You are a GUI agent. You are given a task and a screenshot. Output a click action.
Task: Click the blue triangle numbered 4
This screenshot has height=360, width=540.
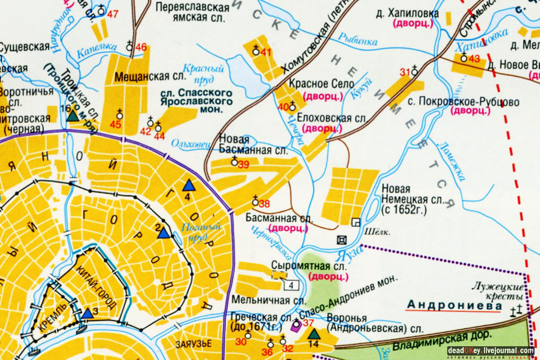tap(189, 185)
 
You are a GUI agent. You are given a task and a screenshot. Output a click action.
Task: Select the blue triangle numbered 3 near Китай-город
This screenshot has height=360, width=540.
tap(87, 313)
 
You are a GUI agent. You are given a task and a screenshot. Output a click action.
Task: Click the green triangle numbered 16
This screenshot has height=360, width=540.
tap(73, 115)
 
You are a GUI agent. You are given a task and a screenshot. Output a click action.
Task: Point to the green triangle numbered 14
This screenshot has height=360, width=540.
tap(314, 334)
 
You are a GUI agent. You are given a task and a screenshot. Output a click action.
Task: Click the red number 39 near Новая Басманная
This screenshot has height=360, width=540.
tap(243, 165)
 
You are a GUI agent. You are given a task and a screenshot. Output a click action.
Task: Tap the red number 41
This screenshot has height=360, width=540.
tap(266, 52)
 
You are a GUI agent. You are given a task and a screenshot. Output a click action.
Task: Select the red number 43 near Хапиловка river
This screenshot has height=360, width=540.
tap(474, 59)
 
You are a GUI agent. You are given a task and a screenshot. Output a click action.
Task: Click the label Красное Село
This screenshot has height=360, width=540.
tap(322, 84)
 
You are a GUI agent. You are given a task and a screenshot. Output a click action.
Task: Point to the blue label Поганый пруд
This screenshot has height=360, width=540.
tap(199, 231)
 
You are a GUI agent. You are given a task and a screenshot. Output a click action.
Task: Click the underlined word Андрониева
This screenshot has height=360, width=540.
tap(454, 305)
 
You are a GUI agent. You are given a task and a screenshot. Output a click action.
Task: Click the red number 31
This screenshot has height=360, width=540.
tap(405, 73)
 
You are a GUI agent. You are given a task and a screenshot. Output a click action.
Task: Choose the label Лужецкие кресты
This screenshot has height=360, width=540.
tap(498, 291)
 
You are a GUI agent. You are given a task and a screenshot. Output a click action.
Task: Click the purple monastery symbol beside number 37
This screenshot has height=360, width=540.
tap(296, 324)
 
